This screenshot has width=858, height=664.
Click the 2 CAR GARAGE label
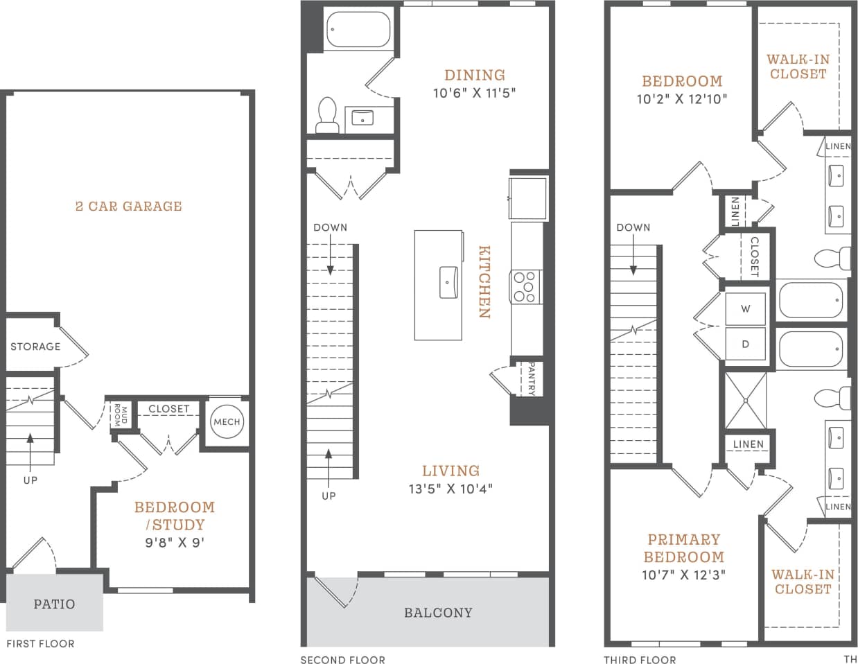click(x=128, y=206)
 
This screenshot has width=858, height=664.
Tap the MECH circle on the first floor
click(x=227, y=422)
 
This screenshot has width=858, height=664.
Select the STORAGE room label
click(x=35, y=347)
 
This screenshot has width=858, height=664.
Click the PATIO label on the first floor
click(x=54, y=604)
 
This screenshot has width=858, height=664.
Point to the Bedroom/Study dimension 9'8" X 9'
click(x=175, y=543)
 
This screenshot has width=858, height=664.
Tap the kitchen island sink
click(x=448, y=283)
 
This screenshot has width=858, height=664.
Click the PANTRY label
click(x=532, y=378)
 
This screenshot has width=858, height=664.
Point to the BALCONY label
click(x=438, y=613)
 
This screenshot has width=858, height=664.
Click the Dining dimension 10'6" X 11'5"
click(x=475, y=93)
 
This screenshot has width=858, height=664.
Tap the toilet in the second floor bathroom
click(x=326, y=116)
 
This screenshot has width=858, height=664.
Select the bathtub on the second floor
click(x=359, y=29)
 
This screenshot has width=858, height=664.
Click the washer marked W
click(x=746, y=309)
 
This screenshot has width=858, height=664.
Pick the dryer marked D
click(x=746, y=344)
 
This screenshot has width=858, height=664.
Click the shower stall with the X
click(x=746, y=400)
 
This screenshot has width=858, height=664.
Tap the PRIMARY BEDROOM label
click(x=683, y=548)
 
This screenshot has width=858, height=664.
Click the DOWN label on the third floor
click(x=633, y=227)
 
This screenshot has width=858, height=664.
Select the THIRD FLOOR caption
click(x=639, y=660)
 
